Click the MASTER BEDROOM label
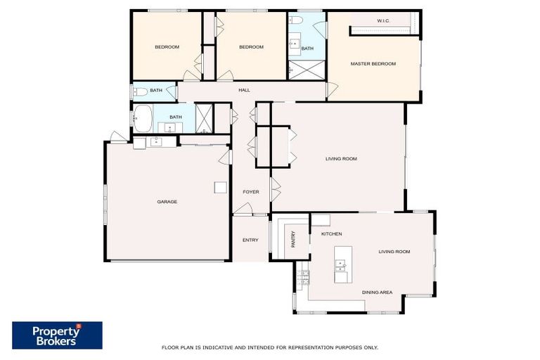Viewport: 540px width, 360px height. click(373, 64)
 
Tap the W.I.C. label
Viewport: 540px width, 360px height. click(383, 21)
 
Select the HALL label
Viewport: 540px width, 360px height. click(244, 91)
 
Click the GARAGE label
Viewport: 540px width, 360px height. click(167, 202)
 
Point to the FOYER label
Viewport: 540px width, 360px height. click(250, 192)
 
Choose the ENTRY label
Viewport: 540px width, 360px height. click(250, 240)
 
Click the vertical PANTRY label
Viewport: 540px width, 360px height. click(293, 239)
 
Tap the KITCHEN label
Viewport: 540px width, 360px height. click(331, 233)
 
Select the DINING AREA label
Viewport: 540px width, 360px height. click(377, 292)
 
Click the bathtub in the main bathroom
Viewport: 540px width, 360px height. click(143, 119)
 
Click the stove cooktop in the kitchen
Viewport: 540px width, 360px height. click(303, 277)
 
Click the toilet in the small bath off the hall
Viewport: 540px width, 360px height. click(139, 91)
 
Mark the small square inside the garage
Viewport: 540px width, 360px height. click(220, 187)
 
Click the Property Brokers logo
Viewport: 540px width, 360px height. click(57, 335)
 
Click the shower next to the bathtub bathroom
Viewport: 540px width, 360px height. click(205, 117)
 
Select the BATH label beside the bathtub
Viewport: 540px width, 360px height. click(175, 117)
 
